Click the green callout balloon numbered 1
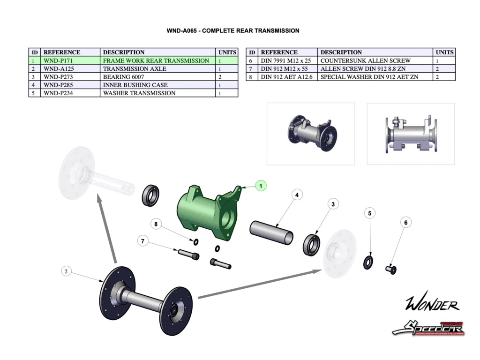pos(261,186)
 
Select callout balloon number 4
pos(296,194)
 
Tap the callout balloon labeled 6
pos(406,223)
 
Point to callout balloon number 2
pos(67,271)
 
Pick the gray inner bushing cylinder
pos(272,232)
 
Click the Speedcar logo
pos(427,328)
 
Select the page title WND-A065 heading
pos(233,31)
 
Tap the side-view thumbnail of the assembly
pos(411,134)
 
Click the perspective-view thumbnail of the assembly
pos(310,134)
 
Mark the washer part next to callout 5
pos(368,262)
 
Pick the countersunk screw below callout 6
pos(391,270)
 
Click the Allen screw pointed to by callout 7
pos(188,255)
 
